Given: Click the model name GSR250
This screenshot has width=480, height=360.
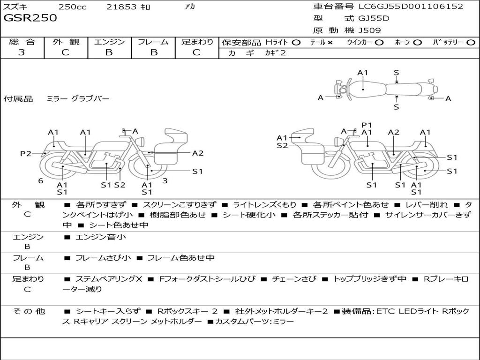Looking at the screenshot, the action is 30,18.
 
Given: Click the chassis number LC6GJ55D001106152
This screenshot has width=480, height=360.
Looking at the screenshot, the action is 411,7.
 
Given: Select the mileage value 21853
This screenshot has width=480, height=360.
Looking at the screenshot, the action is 121,7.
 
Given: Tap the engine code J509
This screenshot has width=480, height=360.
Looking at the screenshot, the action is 370,30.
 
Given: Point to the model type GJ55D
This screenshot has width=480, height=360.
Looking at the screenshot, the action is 374,19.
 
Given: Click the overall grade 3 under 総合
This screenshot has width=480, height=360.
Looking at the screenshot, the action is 22,52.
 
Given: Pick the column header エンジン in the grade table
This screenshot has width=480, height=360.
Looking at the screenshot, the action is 109,42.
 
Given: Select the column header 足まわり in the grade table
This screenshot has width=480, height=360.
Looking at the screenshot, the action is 197,42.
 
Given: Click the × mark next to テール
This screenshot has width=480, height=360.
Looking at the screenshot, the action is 330,43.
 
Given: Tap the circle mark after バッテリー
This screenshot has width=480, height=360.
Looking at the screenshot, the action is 471,43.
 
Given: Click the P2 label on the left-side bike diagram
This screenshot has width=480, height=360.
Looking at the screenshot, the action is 26,153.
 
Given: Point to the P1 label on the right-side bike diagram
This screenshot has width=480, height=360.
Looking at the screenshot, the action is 367,125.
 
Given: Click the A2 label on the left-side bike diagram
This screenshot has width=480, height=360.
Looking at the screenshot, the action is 198,153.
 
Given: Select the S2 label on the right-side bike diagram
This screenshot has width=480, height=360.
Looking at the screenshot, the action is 282,146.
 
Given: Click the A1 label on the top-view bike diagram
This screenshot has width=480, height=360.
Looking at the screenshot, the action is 362,73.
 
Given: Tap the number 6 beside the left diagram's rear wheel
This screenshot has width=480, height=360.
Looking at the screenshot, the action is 41,180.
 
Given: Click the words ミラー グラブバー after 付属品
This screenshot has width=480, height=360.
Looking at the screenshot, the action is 78,99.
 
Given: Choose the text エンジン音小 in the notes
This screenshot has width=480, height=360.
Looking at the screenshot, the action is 101,237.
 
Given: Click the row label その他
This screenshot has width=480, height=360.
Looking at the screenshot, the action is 29,311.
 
